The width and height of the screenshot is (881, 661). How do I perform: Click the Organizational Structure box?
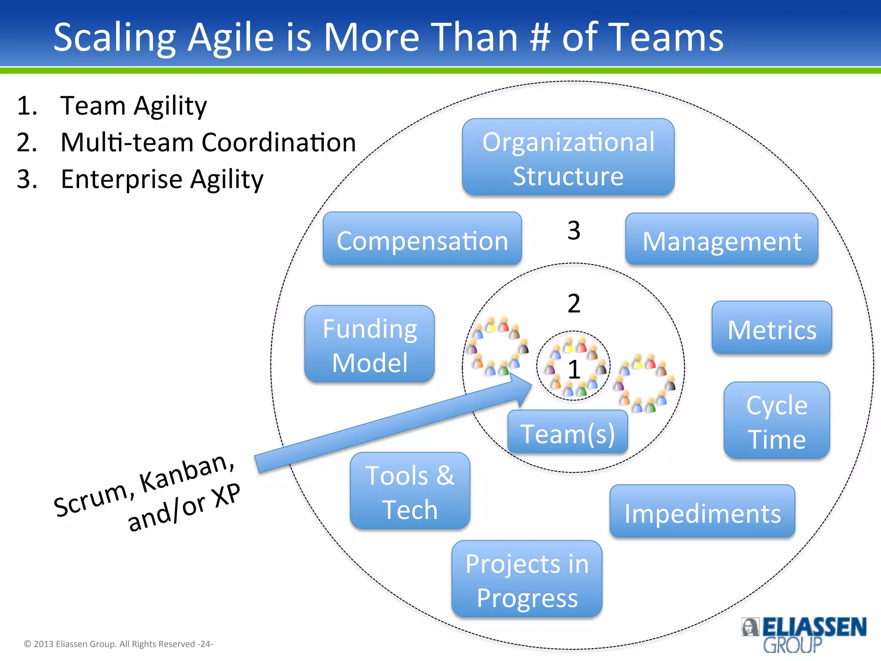(568, 158)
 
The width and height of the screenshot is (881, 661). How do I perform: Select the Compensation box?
(422, 239)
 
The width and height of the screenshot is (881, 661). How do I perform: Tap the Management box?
(721, 240)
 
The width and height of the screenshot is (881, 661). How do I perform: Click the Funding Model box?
(370, 344)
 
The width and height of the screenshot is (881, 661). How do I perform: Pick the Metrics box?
(772, 328)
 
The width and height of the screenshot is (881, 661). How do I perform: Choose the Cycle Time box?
(776, 421)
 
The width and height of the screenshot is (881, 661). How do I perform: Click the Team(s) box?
(567, 432)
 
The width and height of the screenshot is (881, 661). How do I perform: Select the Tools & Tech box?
(410, 491)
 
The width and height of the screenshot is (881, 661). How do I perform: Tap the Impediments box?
(702, 512)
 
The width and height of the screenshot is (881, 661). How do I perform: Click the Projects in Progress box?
(527, 579)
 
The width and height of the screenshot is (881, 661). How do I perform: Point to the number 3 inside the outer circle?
(574, 231)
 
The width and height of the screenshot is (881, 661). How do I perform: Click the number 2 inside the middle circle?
(574, 304)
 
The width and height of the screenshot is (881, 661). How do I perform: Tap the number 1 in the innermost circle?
(574, 369)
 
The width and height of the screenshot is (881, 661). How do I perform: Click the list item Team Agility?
(133, 106)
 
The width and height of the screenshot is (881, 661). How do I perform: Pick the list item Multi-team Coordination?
(208, 142)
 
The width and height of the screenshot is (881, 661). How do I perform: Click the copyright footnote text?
(118, 644)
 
